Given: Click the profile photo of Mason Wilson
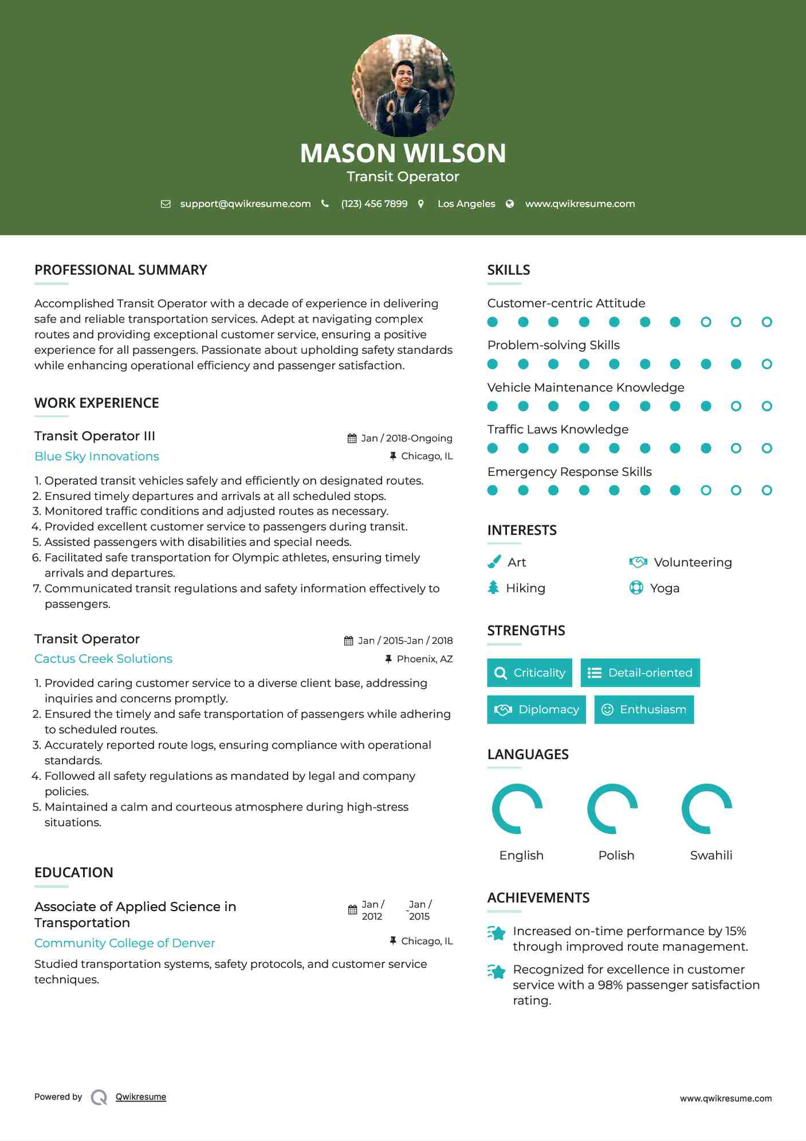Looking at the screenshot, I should click(x=403, y=86).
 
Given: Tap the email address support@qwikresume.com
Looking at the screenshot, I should click(x=245, y=204).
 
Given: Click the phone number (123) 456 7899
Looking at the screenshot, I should click(x=374, y=204).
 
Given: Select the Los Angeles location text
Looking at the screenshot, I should click(x=466, y=204).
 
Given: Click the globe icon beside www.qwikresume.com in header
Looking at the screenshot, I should click(x=510, y=204).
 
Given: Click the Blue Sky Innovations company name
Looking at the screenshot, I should click(x=97, y=456).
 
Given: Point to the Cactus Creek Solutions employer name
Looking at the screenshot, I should click(x=103, y=659).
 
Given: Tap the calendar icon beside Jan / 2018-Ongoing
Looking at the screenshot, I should click(x=352, y=439).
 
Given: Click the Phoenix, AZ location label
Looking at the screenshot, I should click(x=424, y=659).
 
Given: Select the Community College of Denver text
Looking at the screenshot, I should click(x=125, y=943).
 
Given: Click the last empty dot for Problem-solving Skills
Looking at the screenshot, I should click(x=766, y=364).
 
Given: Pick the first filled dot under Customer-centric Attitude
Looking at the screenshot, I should click(x=493, y=322).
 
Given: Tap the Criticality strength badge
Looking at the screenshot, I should click(x=529, y=673).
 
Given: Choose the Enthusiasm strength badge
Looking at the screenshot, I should click(x=644, y=709).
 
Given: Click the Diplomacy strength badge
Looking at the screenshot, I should click(x=536, y=709).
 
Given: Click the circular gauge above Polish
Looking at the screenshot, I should click(x=612, y=808).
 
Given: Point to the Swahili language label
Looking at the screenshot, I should click(x=711, y=855).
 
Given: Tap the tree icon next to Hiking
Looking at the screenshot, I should click(x=493, y=588).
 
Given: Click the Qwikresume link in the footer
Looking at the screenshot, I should click(x=141, y=1097).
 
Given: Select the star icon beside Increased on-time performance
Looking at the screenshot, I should click(x=497, y=933).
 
